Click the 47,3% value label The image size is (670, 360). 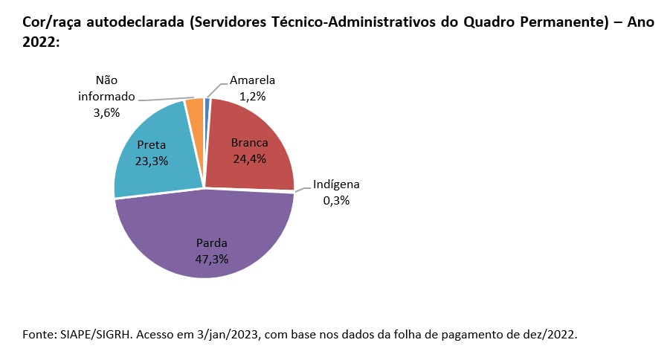click(x=212, y=259)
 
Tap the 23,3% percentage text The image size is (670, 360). click(x=151, y=161)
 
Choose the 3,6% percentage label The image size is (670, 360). click(x=107, y=112)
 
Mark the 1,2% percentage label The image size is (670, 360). click(x=253, y=96)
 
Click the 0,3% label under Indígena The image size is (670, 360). click(x=336, y=201)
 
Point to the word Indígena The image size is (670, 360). click(x=336, y=185)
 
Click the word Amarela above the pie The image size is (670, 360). click(x=253, y=80)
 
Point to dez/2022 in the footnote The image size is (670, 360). click(x=551, y=334)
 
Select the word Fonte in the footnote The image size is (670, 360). click(x=36, y=334)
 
